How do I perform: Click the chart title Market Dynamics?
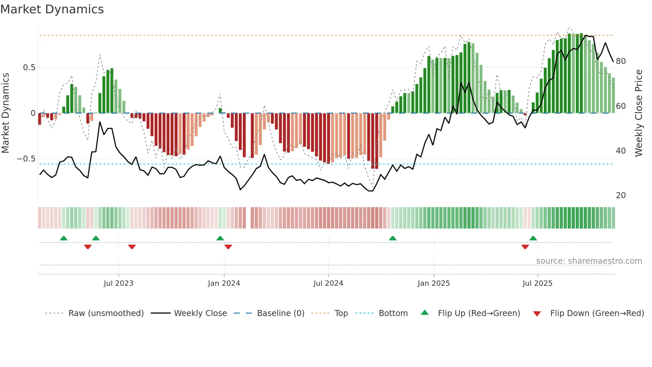[52, 9]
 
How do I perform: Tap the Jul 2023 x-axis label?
[118, 283]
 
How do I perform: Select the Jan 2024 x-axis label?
[224, 283]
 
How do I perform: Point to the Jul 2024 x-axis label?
[328, 283]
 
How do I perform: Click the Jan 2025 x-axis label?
[434, 283]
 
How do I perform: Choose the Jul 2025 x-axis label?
[538, 283]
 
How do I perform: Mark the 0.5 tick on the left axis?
[29, 68]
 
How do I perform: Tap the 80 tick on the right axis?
[621, 61]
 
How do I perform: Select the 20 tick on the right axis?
[621, 195]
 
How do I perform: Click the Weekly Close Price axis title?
[639, 113]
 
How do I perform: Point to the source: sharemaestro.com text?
[589, 261]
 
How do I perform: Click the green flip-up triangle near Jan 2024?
[220, 238]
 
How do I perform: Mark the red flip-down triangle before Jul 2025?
[525, 247]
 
